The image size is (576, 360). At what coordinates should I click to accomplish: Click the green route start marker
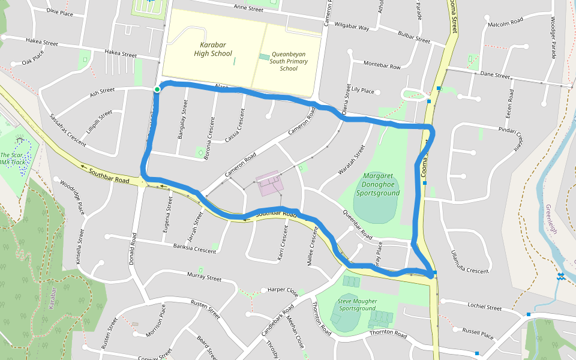[157, 89]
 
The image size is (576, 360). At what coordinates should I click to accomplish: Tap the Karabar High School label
[212, 49]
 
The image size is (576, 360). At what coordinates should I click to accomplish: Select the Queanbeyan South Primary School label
[289, 61]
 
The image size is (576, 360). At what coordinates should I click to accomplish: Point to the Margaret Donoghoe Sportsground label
[377, 185]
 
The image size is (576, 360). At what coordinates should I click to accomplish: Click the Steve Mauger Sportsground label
[357, 305]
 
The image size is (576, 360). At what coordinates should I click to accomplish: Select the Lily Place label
[362, 91]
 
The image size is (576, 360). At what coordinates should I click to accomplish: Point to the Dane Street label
[495, 76]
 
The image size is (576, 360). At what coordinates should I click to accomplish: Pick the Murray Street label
[204, 277]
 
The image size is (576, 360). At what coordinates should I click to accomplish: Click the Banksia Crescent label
[194, 248]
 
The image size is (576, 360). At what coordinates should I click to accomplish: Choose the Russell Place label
[478, 332]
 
